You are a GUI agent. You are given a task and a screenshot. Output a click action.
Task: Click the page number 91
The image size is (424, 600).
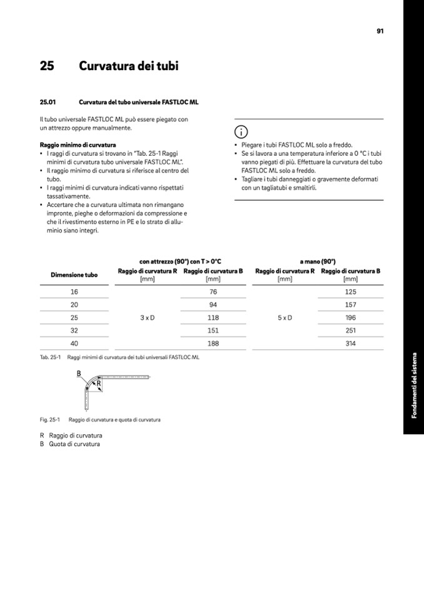(380, 31)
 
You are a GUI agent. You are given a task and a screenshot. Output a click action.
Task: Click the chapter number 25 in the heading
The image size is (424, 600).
(47, 66)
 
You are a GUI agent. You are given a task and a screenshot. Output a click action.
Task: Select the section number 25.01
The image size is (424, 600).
(48, 101)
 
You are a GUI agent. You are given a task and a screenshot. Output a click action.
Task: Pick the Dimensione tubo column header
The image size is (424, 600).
(74, 275)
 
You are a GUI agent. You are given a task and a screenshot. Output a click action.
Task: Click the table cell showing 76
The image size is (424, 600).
(213, 292)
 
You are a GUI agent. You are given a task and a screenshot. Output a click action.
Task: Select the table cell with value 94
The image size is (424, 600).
(213, 305)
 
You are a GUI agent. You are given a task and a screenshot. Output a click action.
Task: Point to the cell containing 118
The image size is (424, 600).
(213, 318)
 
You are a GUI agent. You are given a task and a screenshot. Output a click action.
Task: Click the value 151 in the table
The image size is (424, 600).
(213, 330)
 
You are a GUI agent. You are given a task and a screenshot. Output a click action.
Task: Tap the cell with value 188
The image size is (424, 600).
(213, 343)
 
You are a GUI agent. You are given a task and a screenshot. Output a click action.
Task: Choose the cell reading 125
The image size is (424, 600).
(350, 292)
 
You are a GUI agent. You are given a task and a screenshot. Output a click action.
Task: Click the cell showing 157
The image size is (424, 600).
(350, 305)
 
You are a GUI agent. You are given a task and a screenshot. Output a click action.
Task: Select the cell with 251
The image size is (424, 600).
(350, 330)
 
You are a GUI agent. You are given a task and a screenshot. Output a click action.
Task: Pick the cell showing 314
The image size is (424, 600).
(350, 343)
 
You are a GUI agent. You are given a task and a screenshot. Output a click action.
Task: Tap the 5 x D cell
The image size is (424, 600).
(285, 318)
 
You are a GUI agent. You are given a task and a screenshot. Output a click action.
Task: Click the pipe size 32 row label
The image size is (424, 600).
(74, 330)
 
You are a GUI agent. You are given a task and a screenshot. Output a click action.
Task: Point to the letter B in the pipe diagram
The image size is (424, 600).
(79, 374)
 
